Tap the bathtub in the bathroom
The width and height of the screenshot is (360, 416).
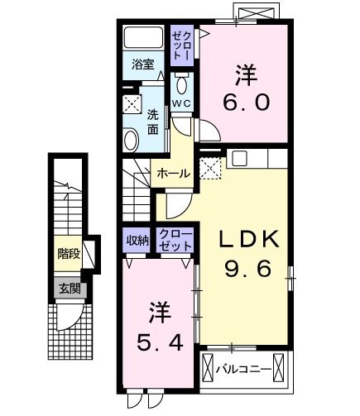[x=146, y=39]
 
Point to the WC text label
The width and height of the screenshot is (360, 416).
[x=182, y=103]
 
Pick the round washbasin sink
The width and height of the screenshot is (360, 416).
[x=131, y=141]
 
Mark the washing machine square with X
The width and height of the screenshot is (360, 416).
[x=132, y=105]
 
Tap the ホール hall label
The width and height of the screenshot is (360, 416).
[x=173, y=174]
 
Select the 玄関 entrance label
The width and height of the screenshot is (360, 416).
[x=69, y=288]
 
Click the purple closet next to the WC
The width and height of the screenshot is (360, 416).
[x=181, y=43]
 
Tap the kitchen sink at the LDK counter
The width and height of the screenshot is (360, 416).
[x=241, y=160]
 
